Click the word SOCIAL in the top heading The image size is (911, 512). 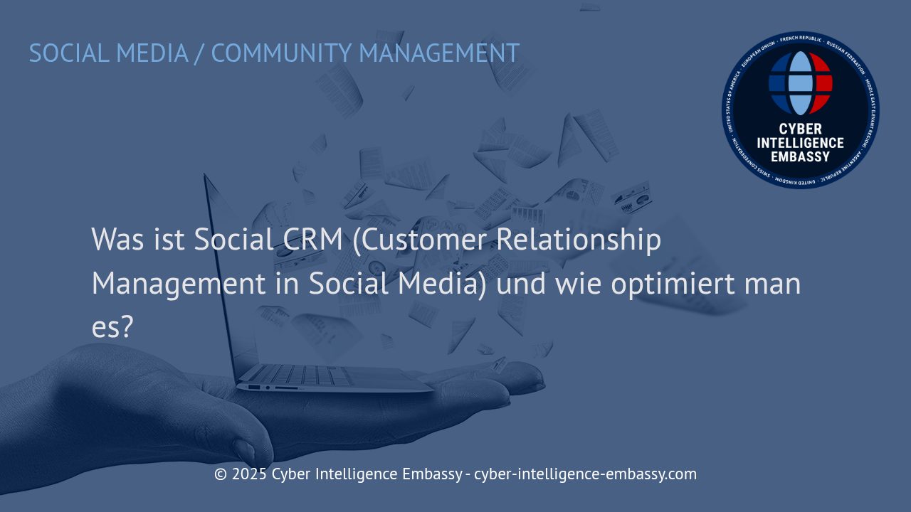[x=68, y=53]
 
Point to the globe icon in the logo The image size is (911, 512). [x=800, y=82]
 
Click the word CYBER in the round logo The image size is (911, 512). [x=800, y=129]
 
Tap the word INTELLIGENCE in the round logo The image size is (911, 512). [x=800, y=143]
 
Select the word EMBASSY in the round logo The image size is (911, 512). [x=800, y=156]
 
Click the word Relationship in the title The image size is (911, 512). [x=578, y=240]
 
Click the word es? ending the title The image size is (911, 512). [x=112, y=327]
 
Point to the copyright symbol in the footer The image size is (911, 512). [x=221, y=474]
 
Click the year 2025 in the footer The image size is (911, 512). [x=249, y=474]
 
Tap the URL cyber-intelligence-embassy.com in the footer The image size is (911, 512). [x=585, y=474]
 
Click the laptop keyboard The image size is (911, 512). [x=299, y=375]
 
